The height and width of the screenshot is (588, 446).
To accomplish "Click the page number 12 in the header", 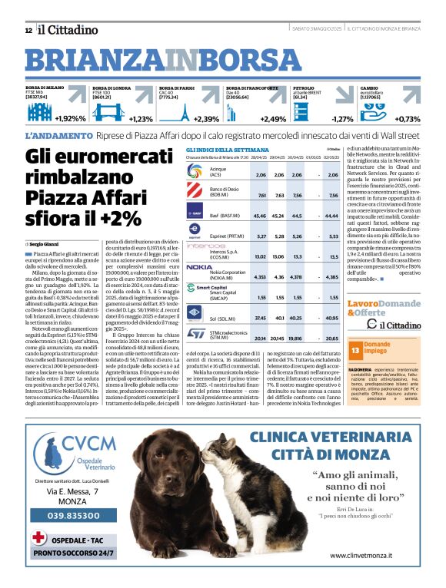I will [28, 30].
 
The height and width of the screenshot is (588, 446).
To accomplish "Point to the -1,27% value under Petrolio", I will [343, 119].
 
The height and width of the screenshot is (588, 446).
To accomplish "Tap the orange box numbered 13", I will [355, 350].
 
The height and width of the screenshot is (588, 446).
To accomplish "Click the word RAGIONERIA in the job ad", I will [362, 368].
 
